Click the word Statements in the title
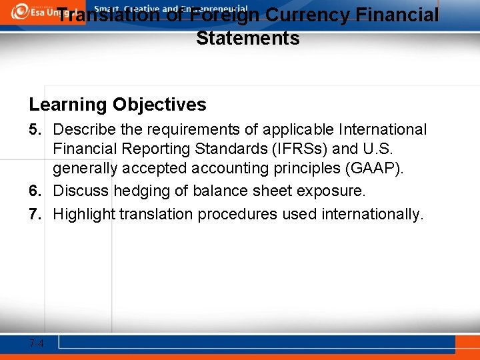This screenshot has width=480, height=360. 247,38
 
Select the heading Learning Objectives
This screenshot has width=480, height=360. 117,105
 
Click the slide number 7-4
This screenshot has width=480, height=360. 37,343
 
